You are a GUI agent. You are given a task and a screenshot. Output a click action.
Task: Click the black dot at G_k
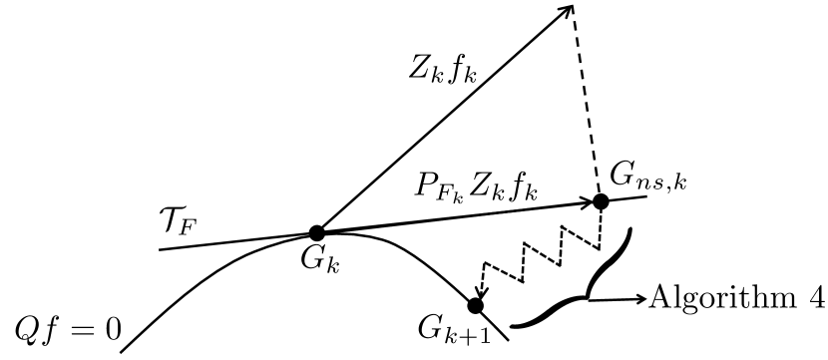tap(316, 232)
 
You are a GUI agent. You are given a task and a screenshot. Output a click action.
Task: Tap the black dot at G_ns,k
tap(601, 200)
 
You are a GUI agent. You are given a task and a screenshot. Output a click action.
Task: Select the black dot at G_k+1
tap(476, 305)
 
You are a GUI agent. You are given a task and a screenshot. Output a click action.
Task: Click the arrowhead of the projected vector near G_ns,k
tap(585, 202)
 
